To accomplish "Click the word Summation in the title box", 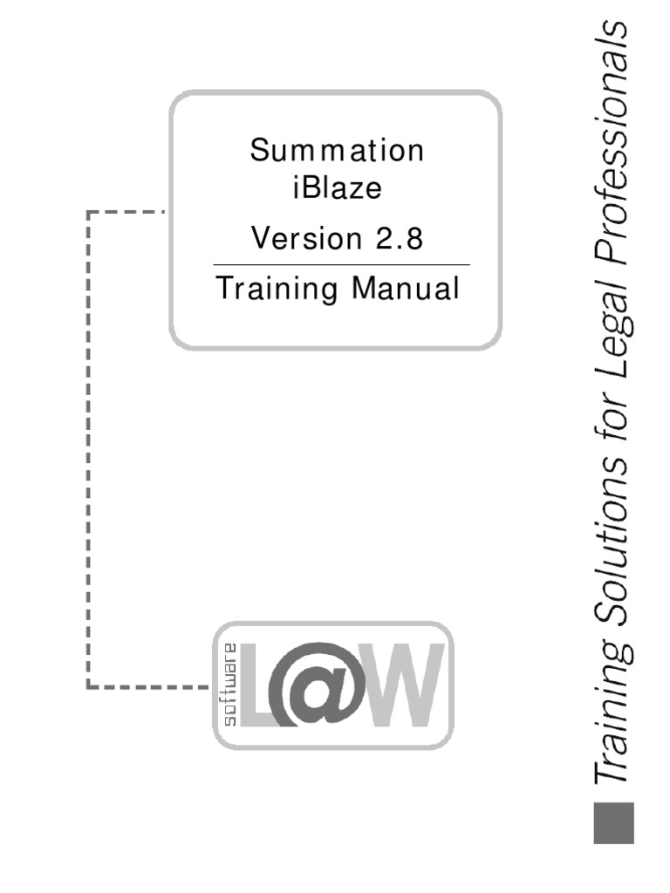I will coord(337,151).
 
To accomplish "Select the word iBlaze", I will coord(337,188).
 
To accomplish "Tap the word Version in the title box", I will coord(297,238).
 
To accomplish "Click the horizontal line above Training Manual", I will coord(341,264).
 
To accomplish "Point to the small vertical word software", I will coord(230,685).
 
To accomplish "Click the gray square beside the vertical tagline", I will coord(613,822).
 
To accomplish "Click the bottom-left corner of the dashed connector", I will coord(89,687).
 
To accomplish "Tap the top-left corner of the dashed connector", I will coord(89,211).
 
